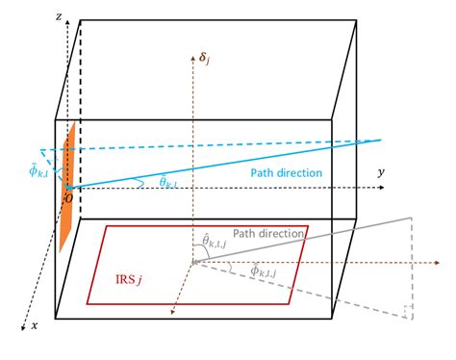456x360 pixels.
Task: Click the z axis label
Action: tap(60, 16)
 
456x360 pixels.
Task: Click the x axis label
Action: tap(35, 326)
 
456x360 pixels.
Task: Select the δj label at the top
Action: tap(203, 60)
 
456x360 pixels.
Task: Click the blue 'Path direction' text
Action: tap(286, 173)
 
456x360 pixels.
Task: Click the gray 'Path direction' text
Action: tap(268, 234)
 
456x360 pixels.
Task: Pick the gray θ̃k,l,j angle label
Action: tap(213, 242)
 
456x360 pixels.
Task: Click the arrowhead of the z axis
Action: tap(65, 20)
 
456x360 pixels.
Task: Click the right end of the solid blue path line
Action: tap(382, 141)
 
